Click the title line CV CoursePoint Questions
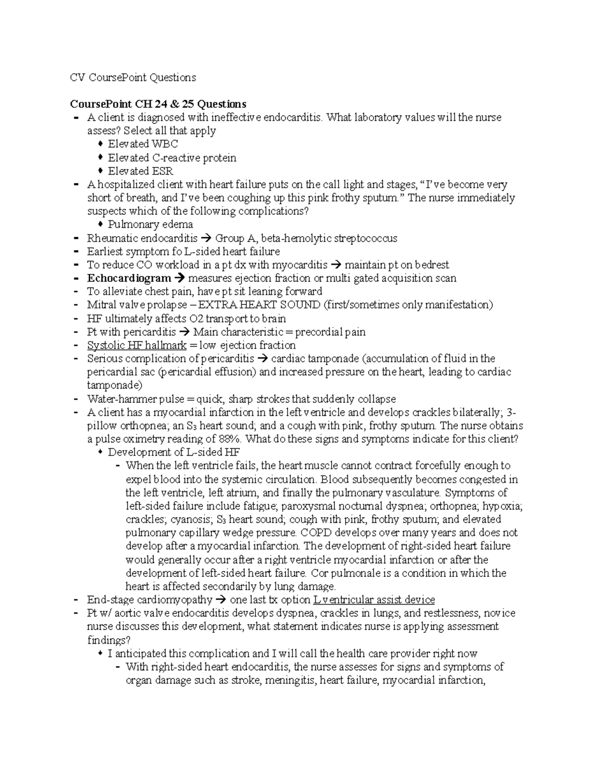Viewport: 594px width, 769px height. [133, 78]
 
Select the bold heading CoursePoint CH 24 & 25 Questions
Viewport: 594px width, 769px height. [158, 104]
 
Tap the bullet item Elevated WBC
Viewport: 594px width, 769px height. [143, 144]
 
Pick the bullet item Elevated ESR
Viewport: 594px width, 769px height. [141, 171]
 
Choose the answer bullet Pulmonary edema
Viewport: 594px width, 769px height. [150, 225]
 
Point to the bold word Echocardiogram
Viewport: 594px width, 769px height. [129, 278]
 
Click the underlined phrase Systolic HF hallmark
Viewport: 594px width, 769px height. [137, 346]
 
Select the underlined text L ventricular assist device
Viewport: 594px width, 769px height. [374, 600]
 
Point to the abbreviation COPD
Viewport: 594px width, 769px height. [318, 533]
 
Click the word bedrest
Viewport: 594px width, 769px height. [432, 265]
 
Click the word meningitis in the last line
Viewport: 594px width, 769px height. [291, 680]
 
